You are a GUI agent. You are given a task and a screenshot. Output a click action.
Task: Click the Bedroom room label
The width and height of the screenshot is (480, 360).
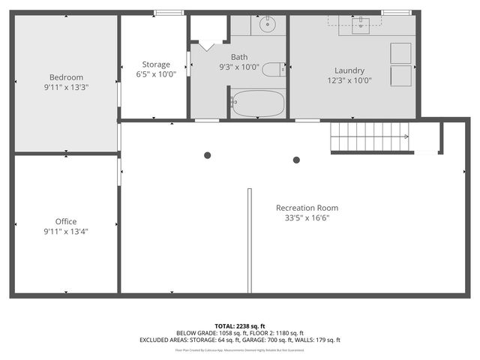click(x=66, y=77)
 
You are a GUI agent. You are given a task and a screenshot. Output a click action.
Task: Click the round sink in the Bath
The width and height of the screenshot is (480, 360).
click(x=268, y=25)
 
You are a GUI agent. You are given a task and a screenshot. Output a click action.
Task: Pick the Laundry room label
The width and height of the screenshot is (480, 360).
click(x=349, y=70)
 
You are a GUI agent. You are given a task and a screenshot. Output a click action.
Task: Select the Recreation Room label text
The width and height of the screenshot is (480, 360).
click(x=307, y=208)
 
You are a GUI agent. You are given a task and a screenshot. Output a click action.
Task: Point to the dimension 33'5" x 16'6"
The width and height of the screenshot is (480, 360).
click(x=307, y=218)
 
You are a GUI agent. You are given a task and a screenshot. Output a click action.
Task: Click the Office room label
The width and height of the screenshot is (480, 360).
click(x=66, y=221)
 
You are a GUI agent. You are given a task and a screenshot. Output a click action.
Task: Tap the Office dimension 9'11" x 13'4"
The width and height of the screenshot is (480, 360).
click(x=66, y=232)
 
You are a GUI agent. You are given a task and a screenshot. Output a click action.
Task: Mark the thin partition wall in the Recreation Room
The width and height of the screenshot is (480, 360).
click(x=249, y=240)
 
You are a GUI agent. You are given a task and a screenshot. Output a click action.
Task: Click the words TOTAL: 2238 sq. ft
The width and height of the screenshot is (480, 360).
click(x=239, y=325)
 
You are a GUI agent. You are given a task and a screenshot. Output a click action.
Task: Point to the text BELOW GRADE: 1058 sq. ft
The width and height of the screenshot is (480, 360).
click(x=208, y=332)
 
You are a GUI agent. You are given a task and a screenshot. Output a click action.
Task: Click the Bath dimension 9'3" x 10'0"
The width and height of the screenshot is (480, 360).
click(x=239, y=67)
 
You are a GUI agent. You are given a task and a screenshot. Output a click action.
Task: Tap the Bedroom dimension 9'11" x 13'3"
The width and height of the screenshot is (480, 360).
click(x=66, y=88)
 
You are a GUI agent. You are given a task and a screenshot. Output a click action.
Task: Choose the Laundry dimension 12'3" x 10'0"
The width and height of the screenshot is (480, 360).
click(x=349, y=81)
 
